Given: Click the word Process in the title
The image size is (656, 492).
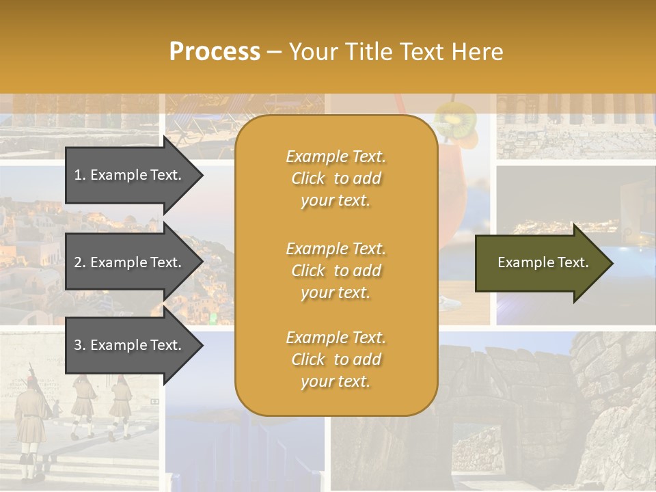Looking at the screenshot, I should [215, 51].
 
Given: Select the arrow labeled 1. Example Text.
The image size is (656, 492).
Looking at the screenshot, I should [130, 175].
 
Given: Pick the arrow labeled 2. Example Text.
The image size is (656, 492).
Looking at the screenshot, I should [130, 262].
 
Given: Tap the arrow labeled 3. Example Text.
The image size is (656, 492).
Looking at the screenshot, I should [130, 345].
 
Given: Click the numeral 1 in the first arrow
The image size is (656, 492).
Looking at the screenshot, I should [78, 175].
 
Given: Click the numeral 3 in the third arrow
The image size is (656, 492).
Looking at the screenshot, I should [78, 345].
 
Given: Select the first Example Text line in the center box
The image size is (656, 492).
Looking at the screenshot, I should [336, 156].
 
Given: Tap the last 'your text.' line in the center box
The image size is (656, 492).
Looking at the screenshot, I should [336, 381].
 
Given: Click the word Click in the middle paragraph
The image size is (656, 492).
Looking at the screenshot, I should [307, 271].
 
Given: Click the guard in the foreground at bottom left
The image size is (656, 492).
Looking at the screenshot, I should [31, 417].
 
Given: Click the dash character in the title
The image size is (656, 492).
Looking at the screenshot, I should [275, 52].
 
